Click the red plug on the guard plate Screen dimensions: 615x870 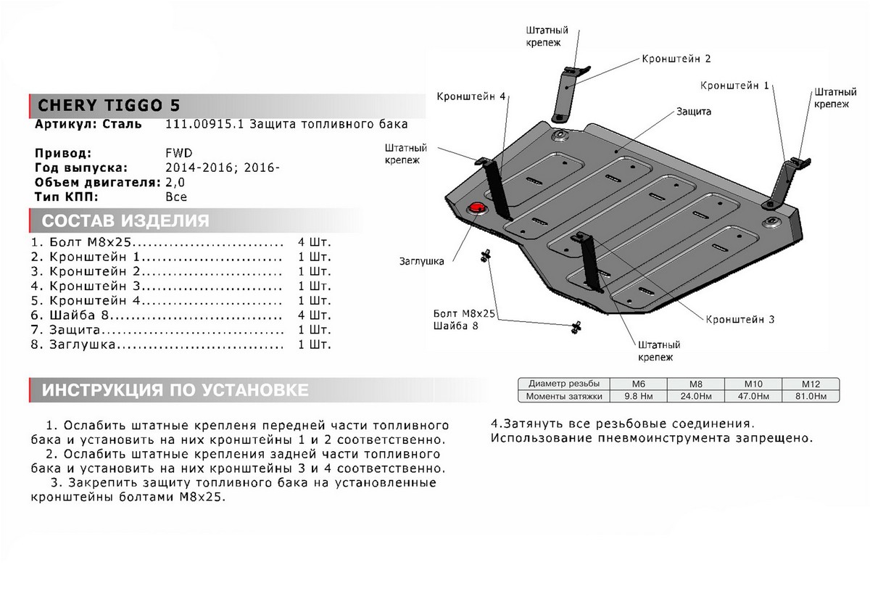click(477, 208)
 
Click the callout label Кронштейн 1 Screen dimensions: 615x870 click(734, 86)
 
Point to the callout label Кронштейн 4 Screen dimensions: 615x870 click(471, 96)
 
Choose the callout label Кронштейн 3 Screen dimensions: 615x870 click(741, 318)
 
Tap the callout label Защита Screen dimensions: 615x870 click(694, 112)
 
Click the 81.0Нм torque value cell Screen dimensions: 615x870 click(811, 396)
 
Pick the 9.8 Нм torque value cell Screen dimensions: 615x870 click(638, 396)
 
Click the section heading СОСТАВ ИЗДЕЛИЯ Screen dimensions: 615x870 click(125, 221)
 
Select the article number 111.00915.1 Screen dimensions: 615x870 click(205, 124)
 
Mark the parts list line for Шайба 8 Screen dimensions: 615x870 click(181, 315)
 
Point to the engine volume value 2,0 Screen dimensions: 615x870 click(175, 182)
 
